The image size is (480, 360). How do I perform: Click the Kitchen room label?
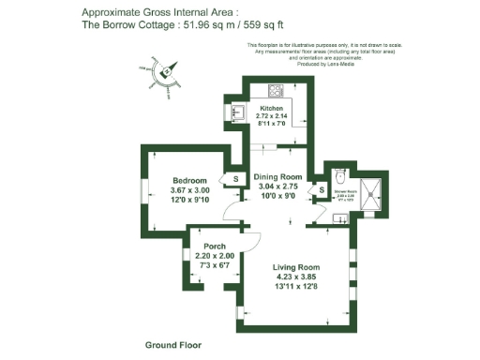click(271, 109)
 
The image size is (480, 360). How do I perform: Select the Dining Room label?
click(278, 177)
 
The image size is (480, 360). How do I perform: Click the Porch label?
click(207, 247)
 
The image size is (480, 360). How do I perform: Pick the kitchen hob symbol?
click(277, 91)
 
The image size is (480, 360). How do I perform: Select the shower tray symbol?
click(374, 191)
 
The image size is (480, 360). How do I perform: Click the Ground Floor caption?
click(173, 345)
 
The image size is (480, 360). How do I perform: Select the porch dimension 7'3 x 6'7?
click(207, 266)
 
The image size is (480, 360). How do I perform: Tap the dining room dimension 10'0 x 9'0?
click(278, 197)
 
